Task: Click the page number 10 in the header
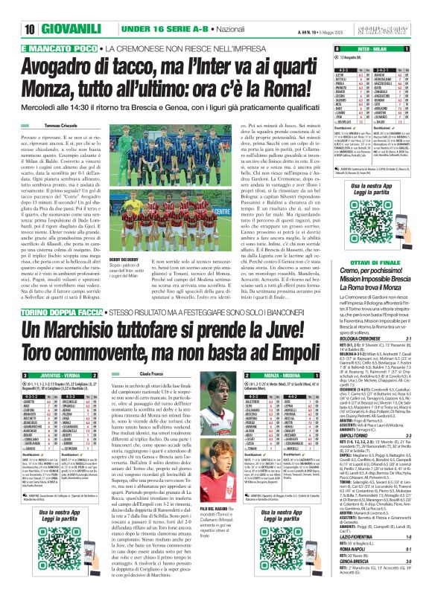10,7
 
